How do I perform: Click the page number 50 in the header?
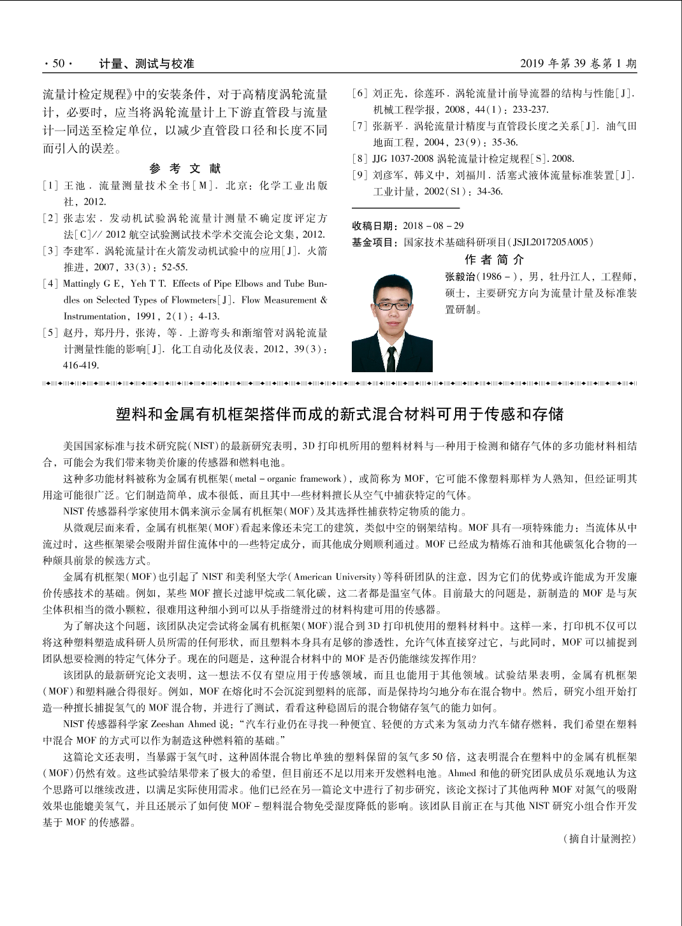click(x=58, y=63)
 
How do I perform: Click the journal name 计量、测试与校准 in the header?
click(x=147, y=63)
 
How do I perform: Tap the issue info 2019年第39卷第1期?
click(x=577, y=63)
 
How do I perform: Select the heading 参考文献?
click(x=185, y=168)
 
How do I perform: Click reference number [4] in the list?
click(x=50, y=284)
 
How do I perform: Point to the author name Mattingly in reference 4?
click(x=82, y=284)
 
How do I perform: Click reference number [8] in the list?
click(x=360, y=159)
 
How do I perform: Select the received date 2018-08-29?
click(x=433, y=226)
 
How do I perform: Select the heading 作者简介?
click(x=494, y=259)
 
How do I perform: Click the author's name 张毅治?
click(x=460, y=277)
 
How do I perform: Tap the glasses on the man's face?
click(x=392, y=305)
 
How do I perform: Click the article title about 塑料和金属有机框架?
click(x=340, y=414)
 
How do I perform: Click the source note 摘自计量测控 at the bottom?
click(x=601, y=839)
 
